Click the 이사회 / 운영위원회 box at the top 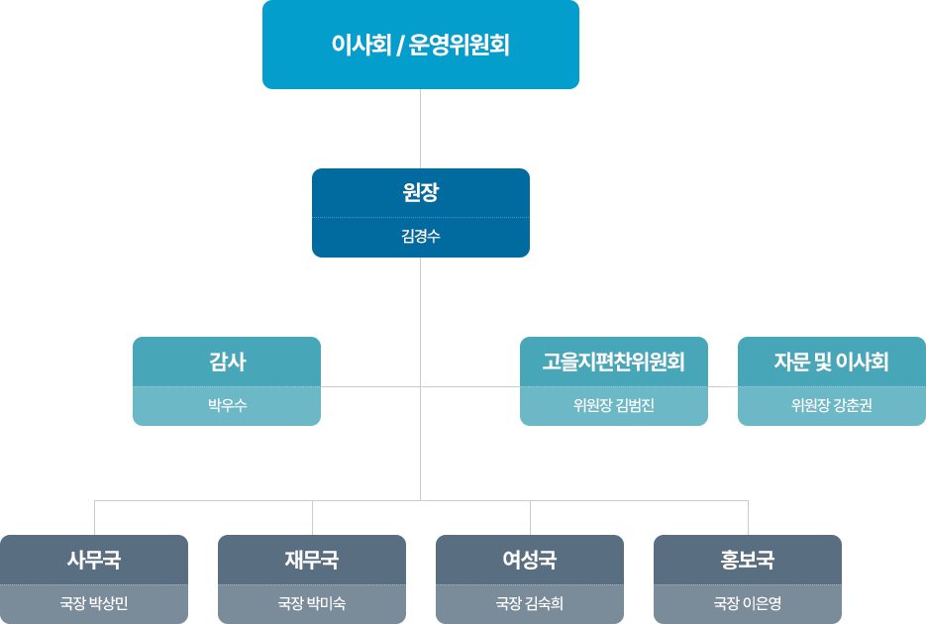click(x=420, y=45)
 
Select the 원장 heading click(x=420, y=193)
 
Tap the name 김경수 click(x=420, y=237)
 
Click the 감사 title click(x=227, y=362)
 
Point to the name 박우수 click(x=227, y=405)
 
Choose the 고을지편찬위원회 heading click(x=613, y=362)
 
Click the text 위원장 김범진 click(x=613, y=405)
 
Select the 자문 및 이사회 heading click(x=831, y=362)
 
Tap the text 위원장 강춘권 click(x=831, y=405)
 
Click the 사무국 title click(x=94, y=560)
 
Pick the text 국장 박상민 click(x=94, y=603)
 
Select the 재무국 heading click(x=312, y=560)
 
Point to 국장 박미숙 click(x=312, y=603)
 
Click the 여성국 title click(x=530, y=560)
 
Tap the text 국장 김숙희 click(x=530, y=603)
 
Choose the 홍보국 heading click(x=748, y=560)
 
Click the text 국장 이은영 click(x=748, y=603)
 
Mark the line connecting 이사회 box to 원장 click(x=421, y=129)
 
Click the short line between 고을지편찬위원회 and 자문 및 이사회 click(x=723, y=386)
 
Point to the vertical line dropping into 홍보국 click(x=748, y=518)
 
